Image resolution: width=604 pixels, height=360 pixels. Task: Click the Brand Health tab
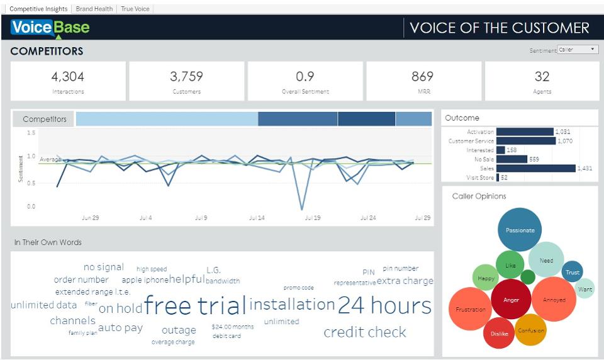click(94, 9)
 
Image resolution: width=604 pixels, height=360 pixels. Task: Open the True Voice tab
click(135, 9)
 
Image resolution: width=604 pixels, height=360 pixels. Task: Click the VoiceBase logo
click(50, 28)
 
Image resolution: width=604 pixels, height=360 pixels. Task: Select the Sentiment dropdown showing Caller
click(578, 50)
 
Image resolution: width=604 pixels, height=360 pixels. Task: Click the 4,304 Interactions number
click(68, 77)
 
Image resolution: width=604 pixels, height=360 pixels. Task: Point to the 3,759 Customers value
click(186, 77)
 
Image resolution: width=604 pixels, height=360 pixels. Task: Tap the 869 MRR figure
click(422, 77)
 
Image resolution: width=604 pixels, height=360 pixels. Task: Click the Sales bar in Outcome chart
click(535, 168)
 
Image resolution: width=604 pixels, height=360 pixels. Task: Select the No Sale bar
click(512, 159)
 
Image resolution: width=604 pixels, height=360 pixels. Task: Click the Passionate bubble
click(520, 230)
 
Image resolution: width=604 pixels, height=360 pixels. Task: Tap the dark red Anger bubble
click(512, 300)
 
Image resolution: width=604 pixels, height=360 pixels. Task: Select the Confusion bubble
click(530, 330)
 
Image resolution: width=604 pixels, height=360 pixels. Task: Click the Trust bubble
click(572, 273)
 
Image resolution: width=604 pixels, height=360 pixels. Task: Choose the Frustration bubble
click(471, 309)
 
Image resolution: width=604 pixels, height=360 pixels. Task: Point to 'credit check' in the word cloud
click(365, 332)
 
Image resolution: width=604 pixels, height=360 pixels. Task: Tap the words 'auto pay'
click(120, 327)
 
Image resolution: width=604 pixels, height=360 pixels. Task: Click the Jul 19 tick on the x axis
click(313, 218)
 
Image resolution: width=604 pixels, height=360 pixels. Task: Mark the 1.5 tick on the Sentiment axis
click(31, 133)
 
